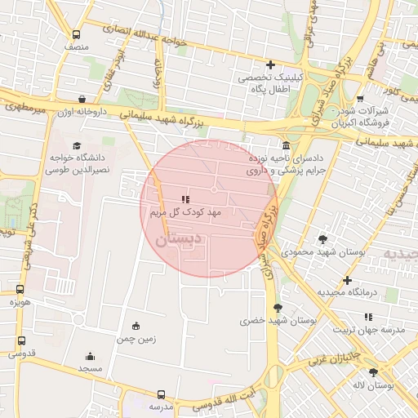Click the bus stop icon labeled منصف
76,35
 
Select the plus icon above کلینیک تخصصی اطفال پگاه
270,64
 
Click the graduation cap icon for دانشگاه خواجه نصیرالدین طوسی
64,145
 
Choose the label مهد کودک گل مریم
186,212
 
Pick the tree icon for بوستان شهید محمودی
322,239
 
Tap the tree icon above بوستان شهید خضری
278,308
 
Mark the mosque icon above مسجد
90,356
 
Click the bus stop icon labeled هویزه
20,288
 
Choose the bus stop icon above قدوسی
20,340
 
